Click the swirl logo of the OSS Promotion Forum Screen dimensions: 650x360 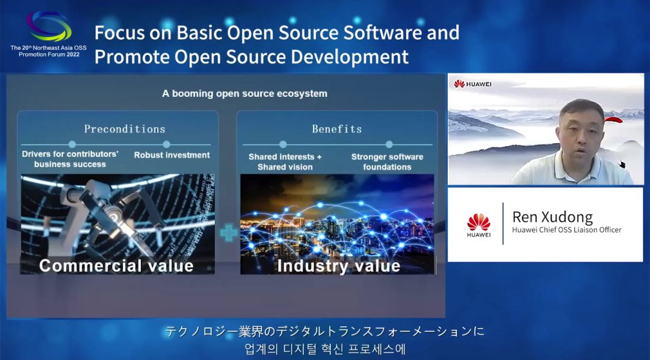[49, 26]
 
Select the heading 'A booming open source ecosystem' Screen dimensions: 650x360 [244, 94]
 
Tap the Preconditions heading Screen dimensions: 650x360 [125, 129]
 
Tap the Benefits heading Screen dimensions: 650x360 [337, 129]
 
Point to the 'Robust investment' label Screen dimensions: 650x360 [172, 155]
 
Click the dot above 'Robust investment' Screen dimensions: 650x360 [167, 144]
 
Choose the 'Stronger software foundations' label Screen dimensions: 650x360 [387, 162]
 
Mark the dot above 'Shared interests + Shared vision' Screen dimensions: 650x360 [283, 144]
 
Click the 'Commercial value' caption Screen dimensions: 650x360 [117, 265]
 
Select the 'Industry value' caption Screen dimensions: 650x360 [339, 265]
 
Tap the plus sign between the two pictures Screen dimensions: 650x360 [229, 233]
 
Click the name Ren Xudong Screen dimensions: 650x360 [552, 217]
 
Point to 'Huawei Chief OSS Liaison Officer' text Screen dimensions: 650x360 [567, 230]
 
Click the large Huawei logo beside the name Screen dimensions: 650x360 [479, 225]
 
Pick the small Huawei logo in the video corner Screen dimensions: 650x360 [472, 84]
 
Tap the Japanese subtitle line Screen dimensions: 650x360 [324, 332]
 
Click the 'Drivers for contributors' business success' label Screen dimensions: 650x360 [70, 160]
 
